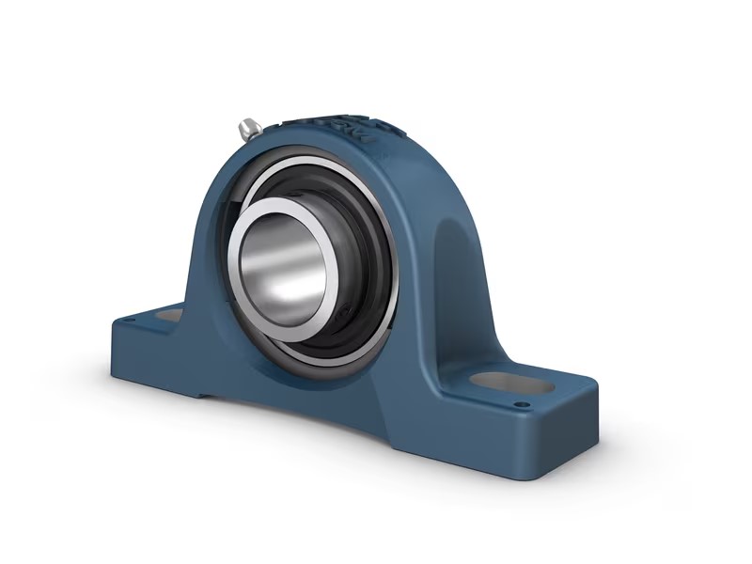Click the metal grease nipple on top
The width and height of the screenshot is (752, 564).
pos(250,129)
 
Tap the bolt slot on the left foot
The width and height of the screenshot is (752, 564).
pos(169,318)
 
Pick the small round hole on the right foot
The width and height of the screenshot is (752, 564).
pos(517,406)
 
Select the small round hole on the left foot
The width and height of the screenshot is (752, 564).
pos(131,322)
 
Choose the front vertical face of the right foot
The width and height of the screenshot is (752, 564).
pos(470,451)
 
